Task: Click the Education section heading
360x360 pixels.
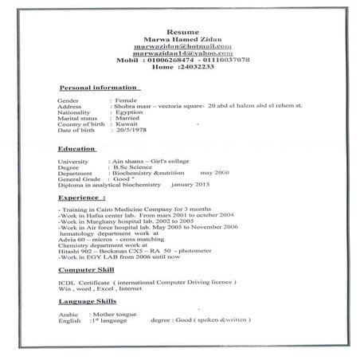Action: (78, 149)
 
